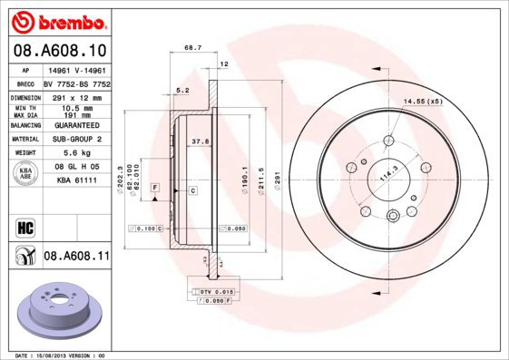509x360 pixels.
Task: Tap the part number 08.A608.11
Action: tap(77, 258)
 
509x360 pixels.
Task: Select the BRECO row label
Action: tap(26, 83)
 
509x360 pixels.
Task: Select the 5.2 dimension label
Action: tap(182, 90)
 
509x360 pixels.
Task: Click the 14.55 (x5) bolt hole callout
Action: tap(421, 102)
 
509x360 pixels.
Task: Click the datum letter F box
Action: tap(155, 186)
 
